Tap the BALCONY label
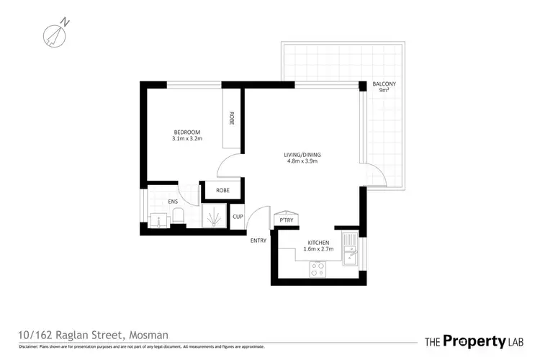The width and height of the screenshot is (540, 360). (384, 84)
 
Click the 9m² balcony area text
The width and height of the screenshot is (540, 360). (384, 91)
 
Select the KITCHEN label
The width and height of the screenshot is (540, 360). (318, 243)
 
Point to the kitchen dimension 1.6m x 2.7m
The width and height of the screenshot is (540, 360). (318, 250)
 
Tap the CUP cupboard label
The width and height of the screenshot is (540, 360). (238, 215)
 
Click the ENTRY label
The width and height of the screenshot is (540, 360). (258, 240)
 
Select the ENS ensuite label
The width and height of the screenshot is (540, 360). (173, 202)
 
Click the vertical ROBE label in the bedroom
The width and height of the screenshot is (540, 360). (231, 119)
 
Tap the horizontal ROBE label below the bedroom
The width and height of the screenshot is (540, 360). (222, 191)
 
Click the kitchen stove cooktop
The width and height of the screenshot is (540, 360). (318, 269)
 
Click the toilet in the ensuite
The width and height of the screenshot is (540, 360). (180, 217)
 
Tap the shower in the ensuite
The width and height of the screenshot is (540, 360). (213, 218)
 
